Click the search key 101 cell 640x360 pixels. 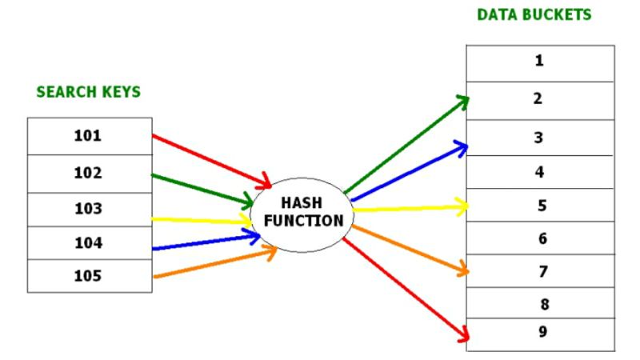[x=90, y=136]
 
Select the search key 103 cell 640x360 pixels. [x=90, y=209]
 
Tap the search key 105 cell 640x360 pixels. [x=90, y=276]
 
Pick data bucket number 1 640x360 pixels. [x=539, y=62]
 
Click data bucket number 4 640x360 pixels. [x=539, y=171]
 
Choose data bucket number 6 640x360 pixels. [x=539, y=238]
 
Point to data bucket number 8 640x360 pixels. [x=539, y=304]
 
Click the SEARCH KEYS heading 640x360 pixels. [x=89, y=92]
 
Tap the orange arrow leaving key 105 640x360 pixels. [x=212, y=265]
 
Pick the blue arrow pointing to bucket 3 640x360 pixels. [x=408, y=172]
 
